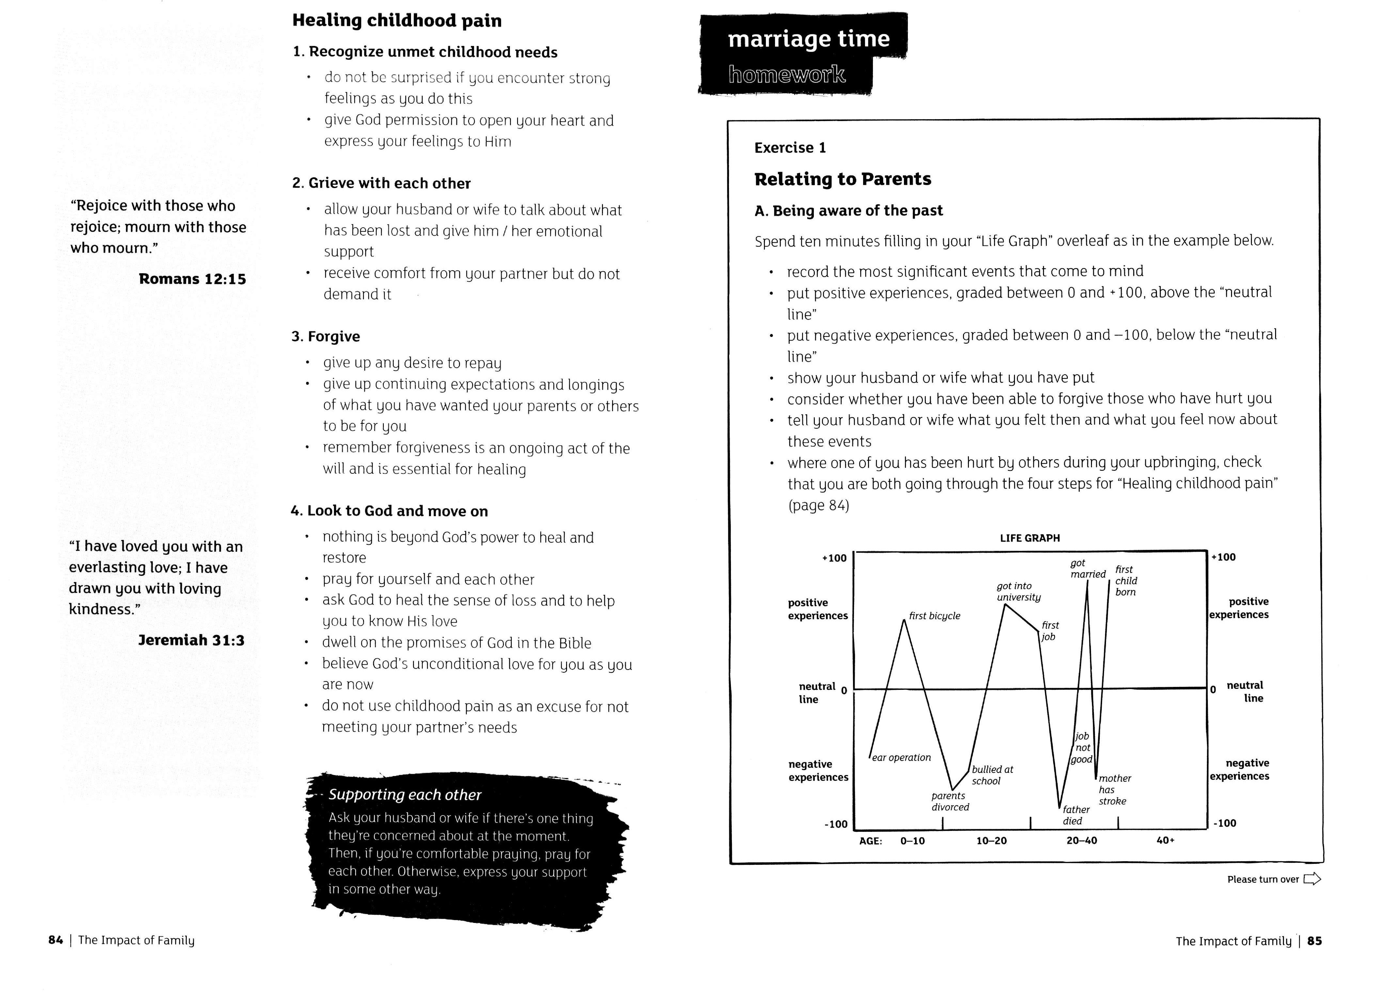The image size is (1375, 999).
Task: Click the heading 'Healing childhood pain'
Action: point(397,21)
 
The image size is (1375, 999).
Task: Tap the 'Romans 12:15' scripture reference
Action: point(192,279)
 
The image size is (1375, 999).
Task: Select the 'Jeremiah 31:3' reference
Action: point(191,640)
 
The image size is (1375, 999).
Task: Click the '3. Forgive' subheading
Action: point(325,337)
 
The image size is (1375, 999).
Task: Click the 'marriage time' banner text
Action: point(808,39)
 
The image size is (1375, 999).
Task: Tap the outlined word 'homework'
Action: point(786,74)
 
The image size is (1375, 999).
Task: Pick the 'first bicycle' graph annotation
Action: point(934,616)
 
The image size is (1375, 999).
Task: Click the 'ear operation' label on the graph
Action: point(901,758)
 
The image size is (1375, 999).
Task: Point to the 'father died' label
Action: point(1076,815)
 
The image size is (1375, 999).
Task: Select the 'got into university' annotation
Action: point(1019,592)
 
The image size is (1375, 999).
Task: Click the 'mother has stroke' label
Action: point(1114,790)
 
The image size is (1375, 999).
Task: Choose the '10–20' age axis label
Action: point(991,841)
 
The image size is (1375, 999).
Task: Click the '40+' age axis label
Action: point(1165,840)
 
